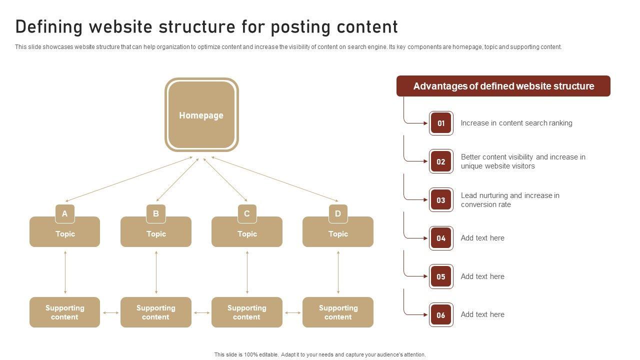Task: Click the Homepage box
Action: [x=201, y=115]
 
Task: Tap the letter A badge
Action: [x=64, y=213]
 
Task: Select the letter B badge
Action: [x=156, y=213]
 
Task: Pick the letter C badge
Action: [x=247, y=213]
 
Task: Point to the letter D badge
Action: [x=338, y=213]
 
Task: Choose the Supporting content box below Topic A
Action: [x=64, y=312]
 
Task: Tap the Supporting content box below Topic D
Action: [x=338, y=312]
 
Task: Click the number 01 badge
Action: [x=441, y=123]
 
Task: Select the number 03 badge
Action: [x=441, y=200]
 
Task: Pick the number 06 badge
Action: [x=441, y=315]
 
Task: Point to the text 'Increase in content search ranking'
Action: [x=516, y=123]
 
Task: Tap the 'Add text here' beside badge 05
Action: [x=482, y=276]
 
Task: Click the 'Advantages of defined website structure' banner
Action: [x=503, y=86]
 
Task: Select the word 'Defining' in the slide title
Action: [x=49, y=26]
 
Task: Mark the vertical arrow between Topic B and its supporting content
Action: [x=156, y=272]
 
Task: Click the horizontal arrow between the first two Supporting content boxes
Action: [x=110, y=313]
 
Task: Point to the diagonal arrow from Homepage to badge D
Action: [x=275, y=179]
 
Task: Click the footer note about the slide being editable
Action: [x=320, y=354]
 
